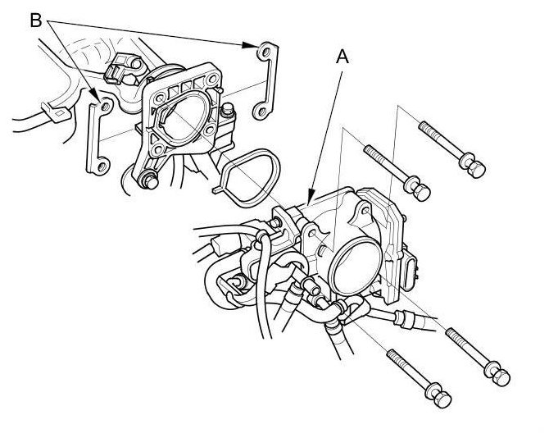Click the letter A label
coord(343,57)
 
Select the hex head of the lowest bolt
coord(442,399)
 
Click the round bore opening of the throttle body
coord(355,267)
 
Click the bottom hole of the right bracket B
coord(261,112)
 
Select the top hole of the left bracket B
coord(106,106)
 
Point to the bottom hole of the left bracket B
coord(102,167)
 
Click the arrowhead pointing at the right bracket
coord(250,45)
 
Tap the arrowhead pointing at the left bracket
coord(94,94)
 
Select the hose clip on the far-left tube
coord(57,112)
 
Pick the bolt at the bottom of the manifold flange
coord(148,180)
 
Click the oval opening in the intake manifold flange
coord(183,118)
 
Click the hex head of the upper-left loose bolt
coord(421,192)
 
